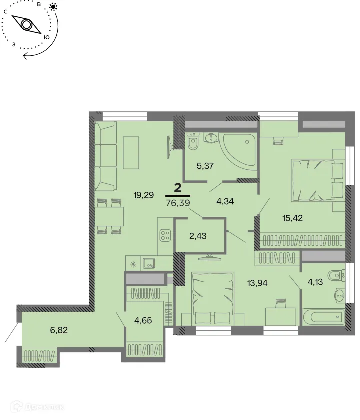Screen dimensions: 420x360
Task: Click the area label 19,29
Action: pyautogui.click(x=144, y=195)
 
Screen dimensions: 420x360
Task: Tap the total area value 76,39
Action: pyautogui.click(x=177, y=203)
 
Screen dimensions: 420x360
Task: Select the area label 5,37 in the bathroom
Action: pyautogui.click(x=205, y=166)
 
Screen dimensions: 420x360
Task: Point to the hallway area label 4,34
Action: pyautogui.click(x=226, y=202)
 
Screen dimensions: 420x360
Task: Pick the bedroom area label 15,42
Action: pyautogui.click(x=278, y=218)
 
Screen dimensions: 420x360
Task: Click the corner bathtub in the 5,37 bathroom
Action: pyautogui.click(x=238, y=150)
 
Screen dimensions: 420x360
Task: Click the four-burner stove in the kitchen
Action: pyautogui.click(x=164, y=234)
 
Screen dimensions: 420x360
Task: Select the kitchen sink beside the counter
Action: pyautogui.click(x=148, y=262)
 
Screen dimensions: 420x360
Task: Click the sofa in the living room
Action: pyautogui.click(x=106, y=157)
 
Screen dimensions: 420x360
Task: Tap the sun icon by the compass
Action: pyautogui.click(x=53, y=7)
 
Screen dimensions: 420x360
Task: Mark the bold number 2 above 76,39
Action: pyautogui.click(x=177, y=188)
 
